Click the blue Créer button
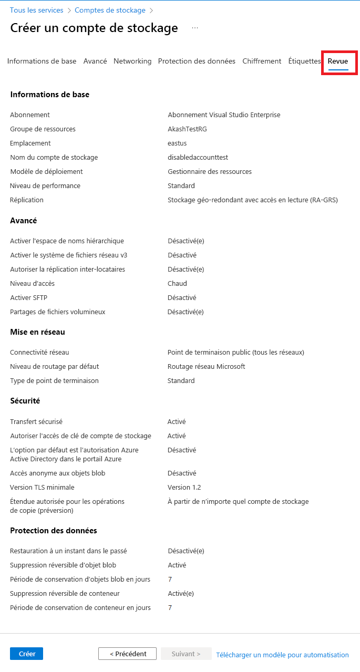[x=26, y=654]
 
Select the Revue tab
[x=338, y=61]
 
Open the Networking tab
[x=132, y=61]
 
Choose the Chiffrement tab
[x=262, y=61]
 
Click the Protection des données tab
[x=197, y=61]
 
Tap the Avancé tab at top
[x=95, y=61]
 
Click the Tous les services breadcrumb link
[x=36, y=10]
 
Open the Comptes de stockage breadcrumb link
[x=110, y=10]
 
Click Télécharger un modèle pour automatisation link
[x=282, y=655]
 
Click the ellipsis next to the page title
[x=195, y=28]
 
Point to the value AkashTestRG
[x=187, y=129]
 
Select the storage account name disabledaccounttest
[x=198, y=157]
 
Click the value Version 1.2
[x=184, y=487]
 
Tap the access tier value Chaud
[x=177, y=283]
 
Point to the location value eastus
[x=177, y=143]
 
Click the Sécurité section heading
[x=25, y=401]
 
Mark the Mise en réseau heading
[x=37, y=332]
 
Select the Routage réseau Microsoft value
[x=206, y=366]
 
